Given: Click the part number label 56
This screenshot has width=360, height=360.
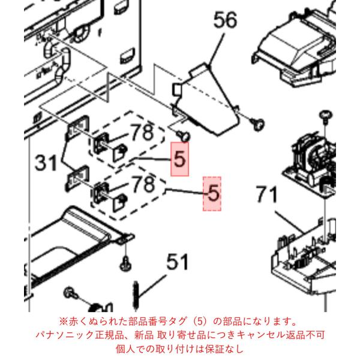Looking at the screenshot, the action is pyautogui.click(x=225, y=20).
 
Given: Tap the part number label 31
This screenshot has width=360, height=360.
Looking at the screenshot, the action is pyautogui.click(x=46, y=163).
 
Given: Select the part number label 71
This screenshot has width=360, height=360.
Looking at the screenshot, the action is pyautogui.click(x=267, y=194).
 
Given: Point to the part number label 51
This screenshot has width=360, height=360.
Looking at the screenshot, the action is pyautogui.click(x=178, y=262).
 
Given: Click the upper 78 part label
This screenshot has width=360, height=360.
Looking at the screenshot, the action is pyautogui.click(x=142, y=133).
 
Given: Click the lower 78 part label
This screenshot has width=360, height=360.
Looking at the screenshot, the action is pyautogui.click(x=144, y=184).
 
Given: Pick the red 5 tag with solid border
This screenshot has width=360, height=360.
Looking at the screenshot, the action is pyautogui.click(x=179, y=159).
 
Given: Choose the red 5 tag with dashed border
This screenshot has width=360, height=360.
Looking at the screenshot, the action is pyautogui.click(x=212, y=194).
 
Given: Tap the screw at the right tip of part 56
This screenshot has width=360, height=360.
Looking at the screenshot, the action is pyautogui.click(x=257, y=125).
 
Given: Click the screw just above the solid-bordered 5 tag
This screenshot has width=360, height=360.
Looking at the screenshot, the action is pyautogui.click(x=184, y=136).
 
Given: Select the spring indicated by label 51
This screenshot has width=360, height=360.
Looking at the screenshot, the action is pyautogui.click(x=137, y=295).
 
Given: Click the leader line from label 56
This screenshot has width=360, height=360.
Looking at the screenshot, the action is pyautogui.click(x=216, y=49).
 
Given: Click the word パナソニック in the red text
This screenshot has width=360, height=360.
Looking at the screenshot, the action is pyautogui.click(x=65, y=335).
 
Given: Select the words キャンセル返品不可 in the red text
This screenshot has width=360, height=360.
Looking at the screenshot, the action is pyautogui.click(x=281, y=335).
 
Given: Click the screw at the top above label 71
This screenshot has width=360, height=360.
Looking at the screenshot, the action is pyautogui.click(x=326, y=115).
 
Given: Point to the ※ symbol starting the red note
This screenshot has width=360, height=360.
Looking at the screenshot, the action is pyautogui.click(x=63, y=322).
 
